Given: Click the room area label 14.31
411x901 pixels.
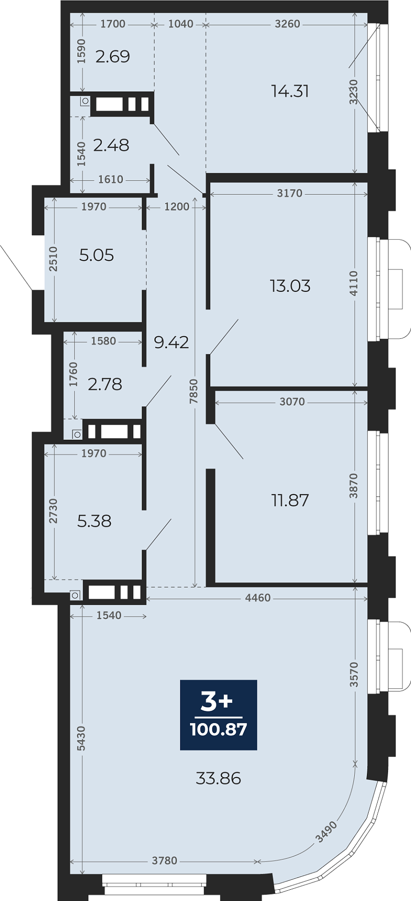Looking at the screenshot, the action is click(290, 91).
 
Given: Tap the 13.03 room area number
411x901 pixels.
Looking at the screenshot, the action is click(290, 286).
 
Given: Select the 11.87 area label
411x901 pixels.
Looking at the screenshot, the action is click(290, 500).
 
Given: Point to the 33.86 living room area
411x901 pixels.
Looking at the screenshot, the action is click(218, 779).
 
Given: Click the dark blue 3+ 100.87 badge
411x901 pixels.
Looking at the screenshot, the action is click(219, 715).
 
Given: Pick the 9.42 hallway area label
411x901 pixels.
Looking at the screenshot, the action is click(171, 342).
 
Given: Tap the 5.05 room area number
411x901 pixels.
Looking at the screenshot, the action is click(97, 255).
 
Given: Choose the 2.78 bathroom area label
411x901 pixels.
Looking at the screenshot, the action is click(105, 384).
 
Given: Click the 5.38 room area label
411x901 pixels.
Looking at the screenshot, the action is click(94, 521).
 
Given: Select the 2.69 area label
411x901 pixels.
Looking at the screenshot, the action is click(113, 56).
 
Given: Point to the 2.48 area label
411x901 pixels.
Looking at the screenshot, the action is click(111, 145).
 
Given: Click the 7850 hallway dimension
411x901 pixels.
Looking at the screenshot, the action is click(194, 391).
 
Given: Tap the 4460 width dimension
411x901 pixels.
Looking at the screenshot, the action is click(258, 597).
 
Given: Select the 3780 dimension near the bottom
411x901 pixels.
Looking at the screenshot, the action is click(165, 860).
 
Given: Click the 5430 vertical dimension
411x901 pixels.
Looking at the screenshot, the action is click(81, 738).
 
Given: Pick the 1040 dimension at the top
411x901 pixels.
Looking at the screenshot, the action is click(181, 23).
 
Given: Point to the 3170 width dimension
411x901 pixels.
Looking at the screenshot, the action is click(290, 193).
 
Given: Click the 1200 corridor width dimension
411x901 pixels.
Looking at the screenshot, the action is click(177, 206).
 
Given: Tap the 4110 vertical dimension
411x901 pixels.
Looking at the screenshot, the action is click(354, 283).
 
